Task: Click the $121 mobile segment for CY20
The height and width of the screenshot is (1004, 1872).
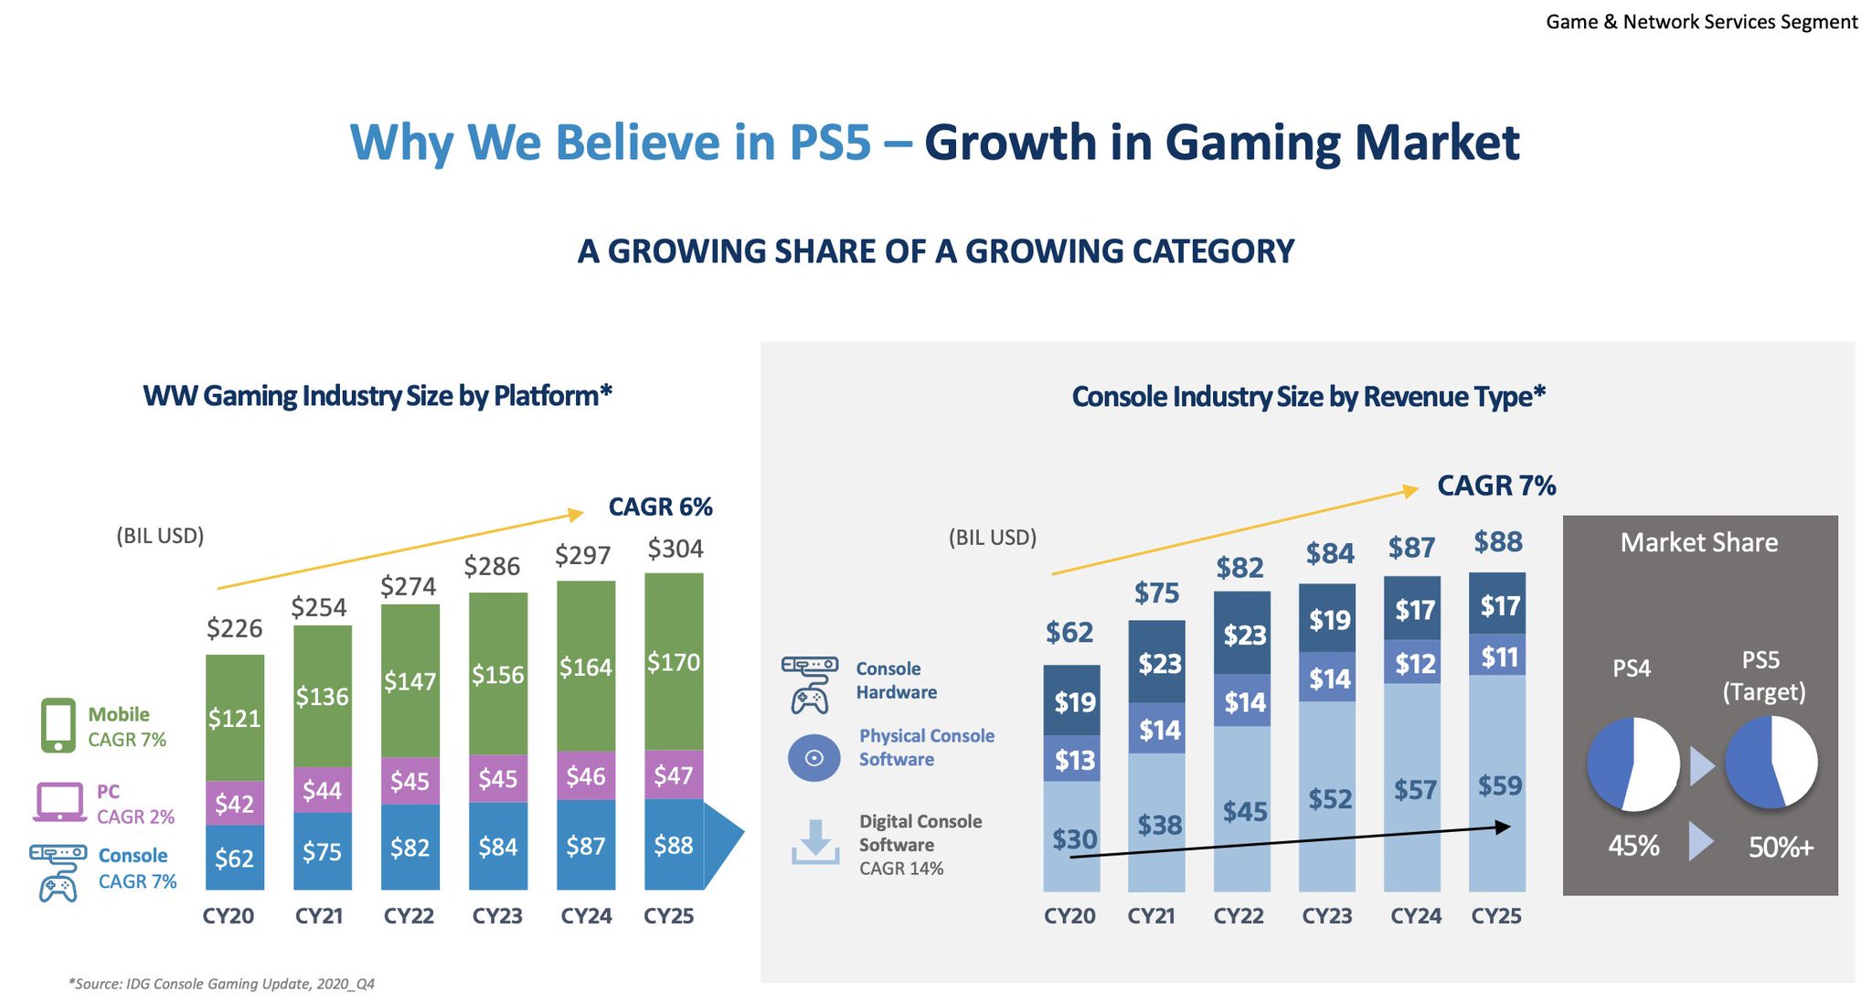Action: pyautogui.click(x=234, y=718)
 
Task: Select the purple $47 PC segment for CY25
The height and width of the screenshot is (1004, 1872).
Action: pyautogui.click(x=674, y=775)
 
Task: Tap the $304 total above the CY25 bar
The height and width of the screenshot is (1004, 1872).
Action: pyautogui.click(x=675, y=549)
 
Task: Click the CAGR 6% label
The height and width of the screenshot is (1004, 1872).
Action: pyautogui.click(x=660, y=507)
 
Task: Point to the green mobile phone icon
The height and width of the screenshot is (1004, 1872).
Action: pyautogui.click(x=58, y=726)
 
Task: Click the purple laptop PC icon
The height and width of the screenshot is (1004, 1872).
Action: pyautogui.click(x=59, y=803)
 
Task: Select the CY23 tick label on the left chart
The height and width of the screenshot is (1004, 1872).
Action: pyautogui.click(x=497, y=916)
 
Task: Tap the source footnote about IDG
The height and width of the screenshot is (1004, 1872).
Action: pyautogui.click(x=221, y=984)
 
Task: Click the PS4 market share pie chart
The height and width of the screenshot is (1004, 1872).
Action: pyautogui.click(x=1633, y=764)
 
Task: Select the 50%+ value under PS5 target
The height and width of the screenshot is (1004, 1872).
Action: pyautogui.click(x=1781, y=848)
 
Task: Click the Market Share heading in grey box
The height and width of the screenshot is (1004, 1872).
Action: pyautogui.click(x=1699, y=543)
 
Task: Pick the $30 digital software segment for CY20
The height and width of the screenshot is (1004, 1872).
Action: pyautogui.click(x=1074, y=838)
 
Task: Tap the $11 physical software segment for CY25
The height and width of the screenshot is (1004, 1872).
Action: pyautogui.click(x=1499, y=657)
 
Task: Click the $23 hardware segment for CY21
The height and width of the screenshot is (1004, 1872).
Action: pyautogui.click(x=1159, y=663)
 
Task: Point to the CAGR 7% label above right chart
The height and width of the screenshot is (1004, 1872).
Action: pyautogui.click(x=1496, y=486)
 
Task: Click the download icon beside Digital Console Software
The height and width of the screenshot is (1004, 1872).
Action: pyautogui.click(x=814, y=842)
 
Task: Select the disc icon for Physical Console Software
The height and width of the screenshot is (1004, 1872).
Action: pyautogui.click(x=814, y=758)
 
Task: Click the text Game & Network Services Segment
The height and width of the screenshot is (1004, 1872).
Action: pyautogui.click(x=1701, y=22)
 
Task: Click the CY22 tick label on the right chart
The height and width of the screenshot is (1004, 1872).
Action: pyautogui.click(x=1239, y=916)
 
